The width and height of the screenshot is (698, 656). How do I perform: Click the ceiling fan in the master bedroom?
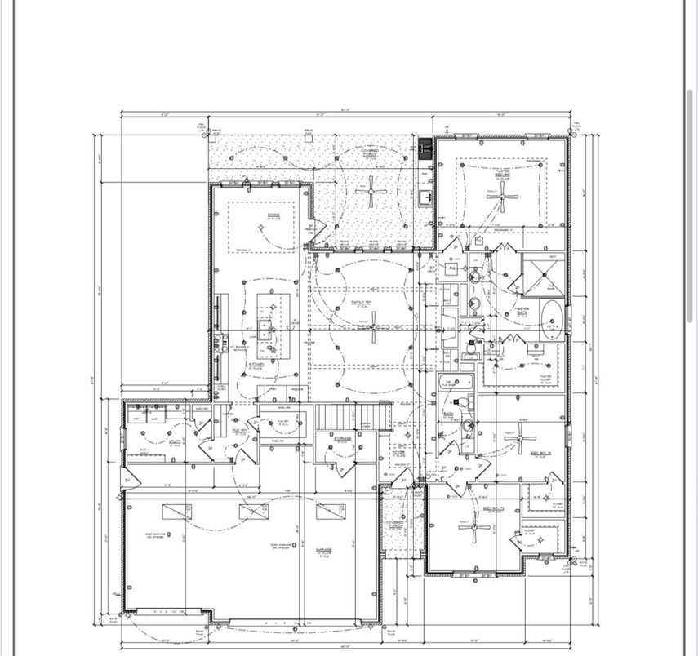pyautogui.click(x=508, y=195)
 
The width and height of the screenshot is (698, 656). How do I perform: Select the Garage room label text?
pyautogui.click(x=324, y=552)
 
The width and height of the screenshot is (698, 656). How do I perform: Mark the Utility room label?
pyautogui.click(x=174, y=443)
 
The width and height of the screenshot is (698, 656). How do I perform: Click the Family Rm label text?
pyautogui.click(x=362, y=302)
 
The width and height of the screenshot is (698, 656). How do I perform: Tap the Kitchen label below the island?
pyautogui.click(x=256, y=365)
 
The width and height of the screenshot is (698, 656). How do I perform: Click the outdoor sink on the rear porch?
pyautogui.click(x=425, y=197)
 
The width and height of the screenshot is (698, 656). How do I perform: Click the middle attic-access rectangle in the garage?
pyautogui.click(x=253, y=512)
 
